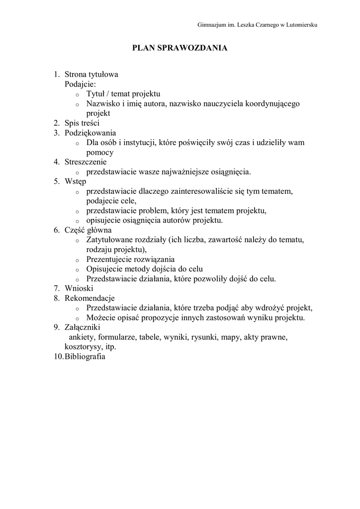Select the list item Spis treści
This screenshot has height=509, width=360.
pos(82,123)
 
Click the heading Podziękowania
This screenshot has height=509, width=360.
pos(90,133)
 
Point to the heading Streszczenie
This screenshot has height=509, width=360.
pos(86,162)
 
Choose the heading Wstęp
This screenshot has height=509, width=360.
pos(75,181)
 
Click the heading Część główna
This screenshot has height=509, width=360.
pos(88,230)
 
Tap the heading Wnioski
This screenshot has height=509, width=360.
pos(79,288)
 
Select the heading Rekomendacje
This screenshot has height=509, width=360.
pos(90,298)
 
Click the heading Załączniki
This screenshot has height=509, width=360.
pos(83,327)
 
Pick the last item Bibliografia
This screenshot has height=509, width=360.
pos(85,356)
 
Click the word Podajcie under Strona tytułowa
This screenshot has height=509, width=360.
pos(80,84)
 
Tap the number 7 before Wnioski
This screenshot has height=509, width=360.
pos(57,288)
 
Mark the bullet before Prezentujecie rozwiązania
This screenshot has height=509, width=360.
pos(77,260)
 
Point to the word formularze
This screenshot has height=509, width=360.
pos(118,337)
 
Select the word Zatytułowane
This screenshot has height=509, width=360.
pos(109,240)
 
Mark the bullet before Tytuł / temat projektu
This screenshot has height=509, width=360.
pos(77,94)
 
